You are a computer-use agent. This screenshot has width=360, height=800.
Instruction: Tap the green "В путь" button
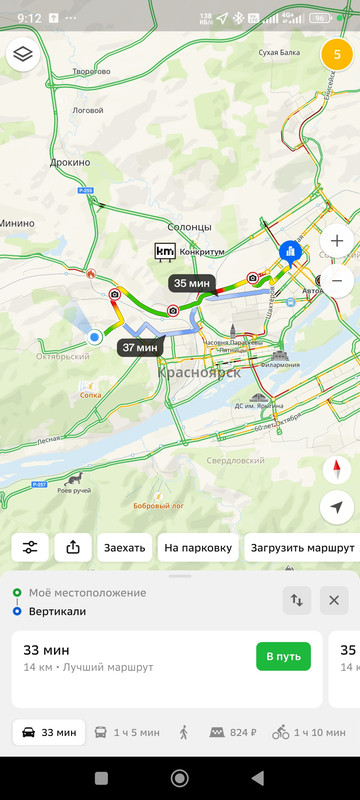[x=283, y=657]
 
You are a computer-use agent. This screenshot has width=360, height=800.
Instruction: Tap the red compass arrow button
[x=337, y=470]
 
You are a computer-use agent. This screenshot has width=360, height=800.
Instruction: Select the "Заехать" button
[x=125, y=548]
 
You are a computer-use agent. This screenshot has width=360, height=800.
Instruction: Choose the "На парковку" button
[x=198, y=548]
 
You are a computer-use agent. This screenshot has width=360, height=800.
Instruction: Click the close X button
[x=334, y=601]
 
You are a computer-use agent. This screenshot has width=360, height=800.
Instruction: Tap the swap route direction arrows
[x=297, y=601]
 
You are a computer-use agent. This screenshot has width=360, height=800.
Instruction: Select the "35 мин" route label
[x=191, y=283]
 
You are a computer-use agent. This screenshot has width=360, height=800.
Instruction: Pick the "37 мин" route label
[x=139, y=347]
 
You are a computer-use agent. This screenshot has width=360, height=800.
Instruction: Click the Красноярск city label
[x=199, y=372]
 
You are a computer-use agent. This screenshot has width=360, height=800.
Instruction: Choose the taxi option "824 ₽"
[x=231, y=733]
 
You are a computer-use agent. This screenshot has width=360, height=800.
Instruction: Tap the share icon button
[x=73, y=548]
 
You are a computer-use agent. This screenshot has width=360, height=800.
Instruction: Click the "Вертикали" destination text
[x=57, y=610]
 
